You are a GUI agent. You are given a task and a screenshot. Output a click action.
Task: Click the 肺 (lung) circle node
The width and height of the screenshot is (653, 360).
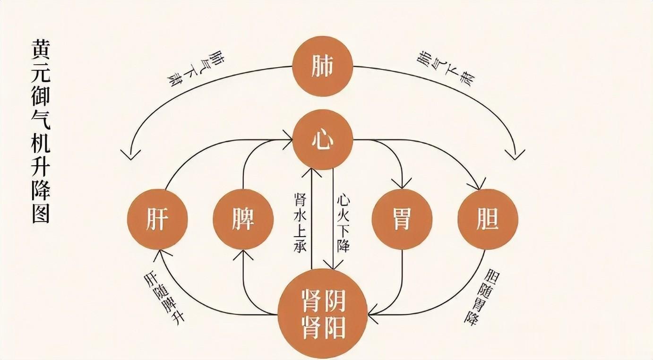tap(323, 66)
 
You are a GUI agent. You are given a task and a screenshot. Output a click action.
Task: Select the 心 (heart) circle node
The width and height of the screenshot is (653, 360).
tap(323, 140)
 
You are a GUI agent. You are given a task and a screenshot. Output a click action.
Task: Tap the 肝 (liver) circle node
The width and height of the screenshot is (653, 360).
tap(157, 220)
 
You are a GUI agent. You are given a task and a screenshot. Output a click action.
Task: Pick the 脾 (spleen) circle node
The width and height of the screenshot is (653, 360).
tap(243, 220)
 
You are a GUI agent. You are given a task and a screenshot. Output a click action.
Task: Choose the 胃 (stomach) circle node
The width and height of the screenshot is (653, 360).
tap(402, 220)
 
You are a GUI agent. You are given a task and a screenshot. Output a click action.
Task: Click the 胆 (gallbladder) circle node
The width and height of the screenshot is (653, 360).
tap(488, 220)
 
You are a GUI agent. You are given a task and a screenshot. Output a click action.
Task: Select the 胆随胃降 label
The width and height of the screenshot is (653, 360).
tap(481, 297)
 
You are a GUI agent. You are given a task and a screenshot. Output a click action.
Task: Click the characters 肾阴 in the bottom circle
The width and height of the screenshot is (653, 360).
tap(323, 299)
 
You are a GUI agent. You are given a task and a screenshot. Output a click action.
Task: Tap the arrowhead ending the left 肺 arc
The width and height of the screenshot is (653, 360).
tap(130, 155)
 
